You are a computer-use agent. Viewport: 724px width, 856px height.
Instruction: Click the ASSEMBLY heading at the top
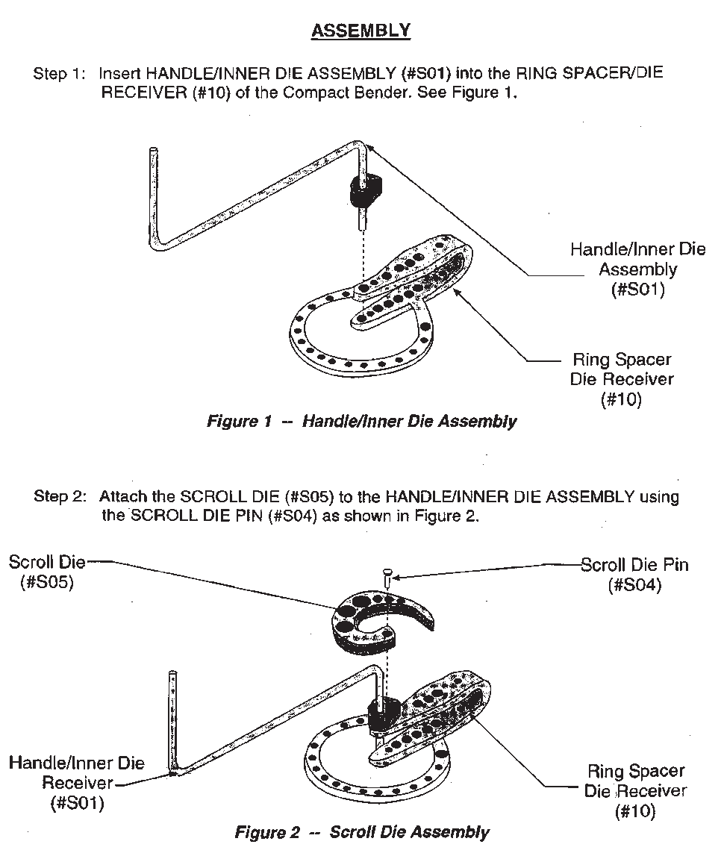point(361,31)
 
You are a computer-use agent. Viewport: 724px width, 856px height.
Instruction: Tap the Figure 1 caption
point(361,422)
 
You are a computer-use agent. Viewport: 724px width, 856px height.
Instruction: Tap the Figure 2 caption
point(362,831)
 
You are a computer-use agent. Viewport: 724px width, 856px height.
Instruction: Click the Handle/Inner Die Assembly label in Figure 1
point(637,269)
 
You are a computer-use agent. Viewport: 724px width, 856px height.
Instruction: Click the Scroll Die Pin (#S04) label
point(634,575)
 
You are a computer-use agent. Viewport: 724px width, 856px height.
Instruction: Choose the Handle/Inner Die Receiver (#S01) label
point(77,783)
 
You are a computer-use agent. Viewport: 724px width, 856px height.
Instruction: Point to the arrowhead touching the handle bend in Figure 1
point(370,148)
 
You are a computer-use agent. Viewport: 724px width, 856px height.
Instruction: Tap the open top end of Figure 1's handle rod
point(153,151)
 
